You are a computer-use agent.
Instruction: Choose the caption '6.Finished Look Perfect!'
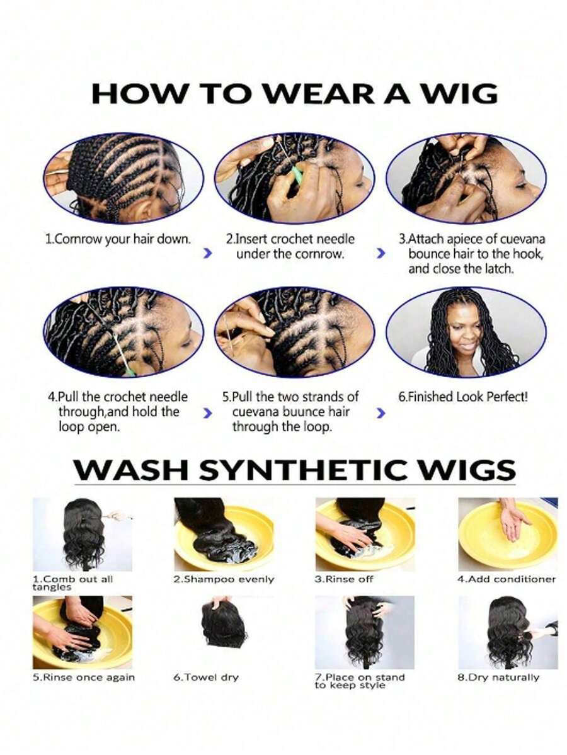tap(463, 397)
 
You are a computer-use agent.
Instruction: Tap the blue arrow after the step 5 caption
tap(380, 413)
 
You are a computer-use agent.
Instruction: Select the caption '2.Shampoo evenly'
tap(224, 579)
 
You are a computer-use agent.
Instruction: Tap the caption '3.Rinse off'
tap(344, 579)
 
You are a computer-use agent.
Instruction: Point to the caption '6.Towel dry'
tap(206, 678)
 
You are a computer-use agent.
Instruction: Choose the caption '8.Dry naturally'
tap(498, 678)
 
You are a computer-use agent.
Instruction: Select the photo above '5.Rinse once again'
tap(83, 632)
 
